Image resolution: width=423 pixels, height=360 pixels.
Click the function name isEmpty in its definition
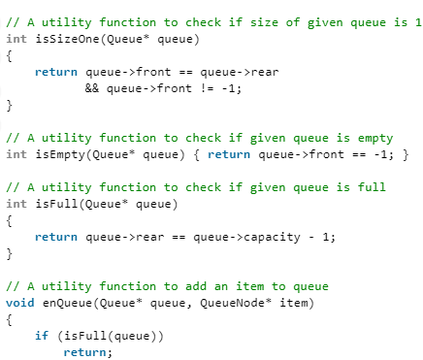55,153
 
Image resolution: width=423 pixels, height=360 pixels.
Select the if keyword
41,335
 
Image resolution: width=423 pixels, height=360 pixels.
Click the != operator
200,86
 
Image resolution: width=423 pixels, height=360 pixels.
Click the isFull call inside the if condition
77,335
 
